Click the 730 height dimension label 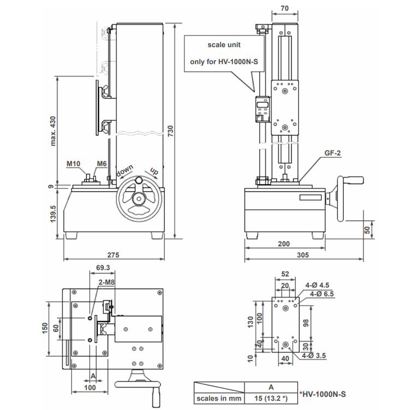[170, 131]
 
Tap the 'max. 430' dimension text [53, 131]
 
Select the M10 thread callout [73, 163]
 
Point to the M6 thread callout [102, 163]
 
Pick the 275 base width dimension [113, 255]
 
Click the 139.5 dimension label [53, 214]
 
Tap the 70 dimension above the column [284, 8]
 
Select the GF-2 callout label [332, 153]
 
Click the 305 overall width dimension [303, 255]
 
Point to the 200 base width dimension [284, 244]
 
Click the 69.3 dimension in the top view [103, 267]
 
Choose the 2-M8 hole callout [107, 282]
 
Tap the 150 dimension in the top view [45, 328]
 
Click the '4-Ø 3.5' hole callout [314, 356]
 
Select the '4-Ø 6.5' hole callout [322, 294]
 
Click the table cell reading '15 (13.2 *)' [271, 398]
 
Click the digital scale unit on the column [262, 109]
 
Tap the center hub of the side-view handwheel [139, 199]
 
